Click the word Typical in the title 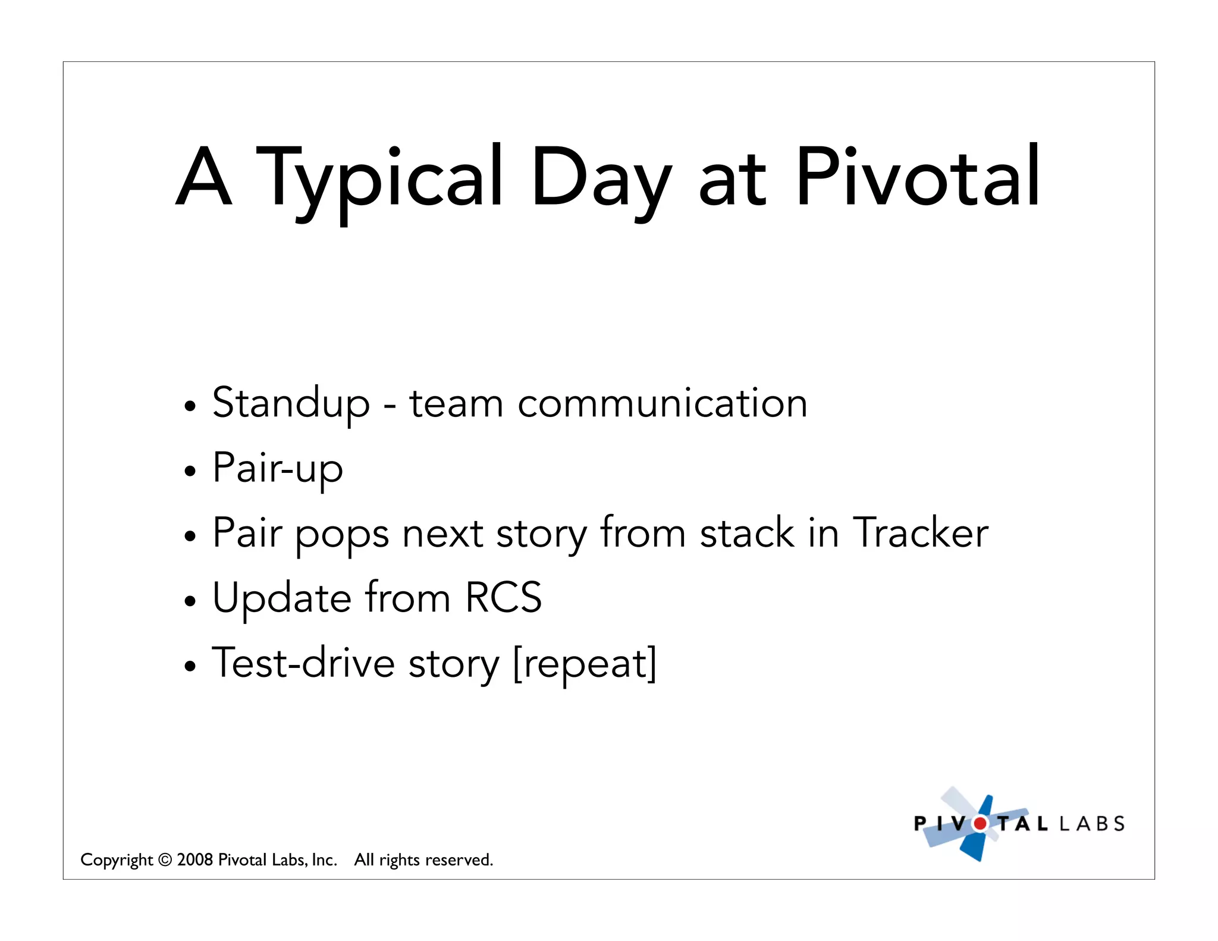379,178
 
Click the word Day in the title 601,178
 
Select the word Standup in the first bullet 291,404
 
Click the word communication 662,404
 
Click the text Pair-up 278,469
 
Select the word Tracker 920,533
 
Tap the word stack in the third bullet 747,533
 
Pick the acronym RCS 503,598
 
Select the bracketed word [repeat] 585,663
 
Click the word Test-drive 303,663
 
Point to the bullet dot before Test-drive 190,666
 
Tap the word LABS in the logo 1092,824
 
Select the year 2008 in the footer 194,860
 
